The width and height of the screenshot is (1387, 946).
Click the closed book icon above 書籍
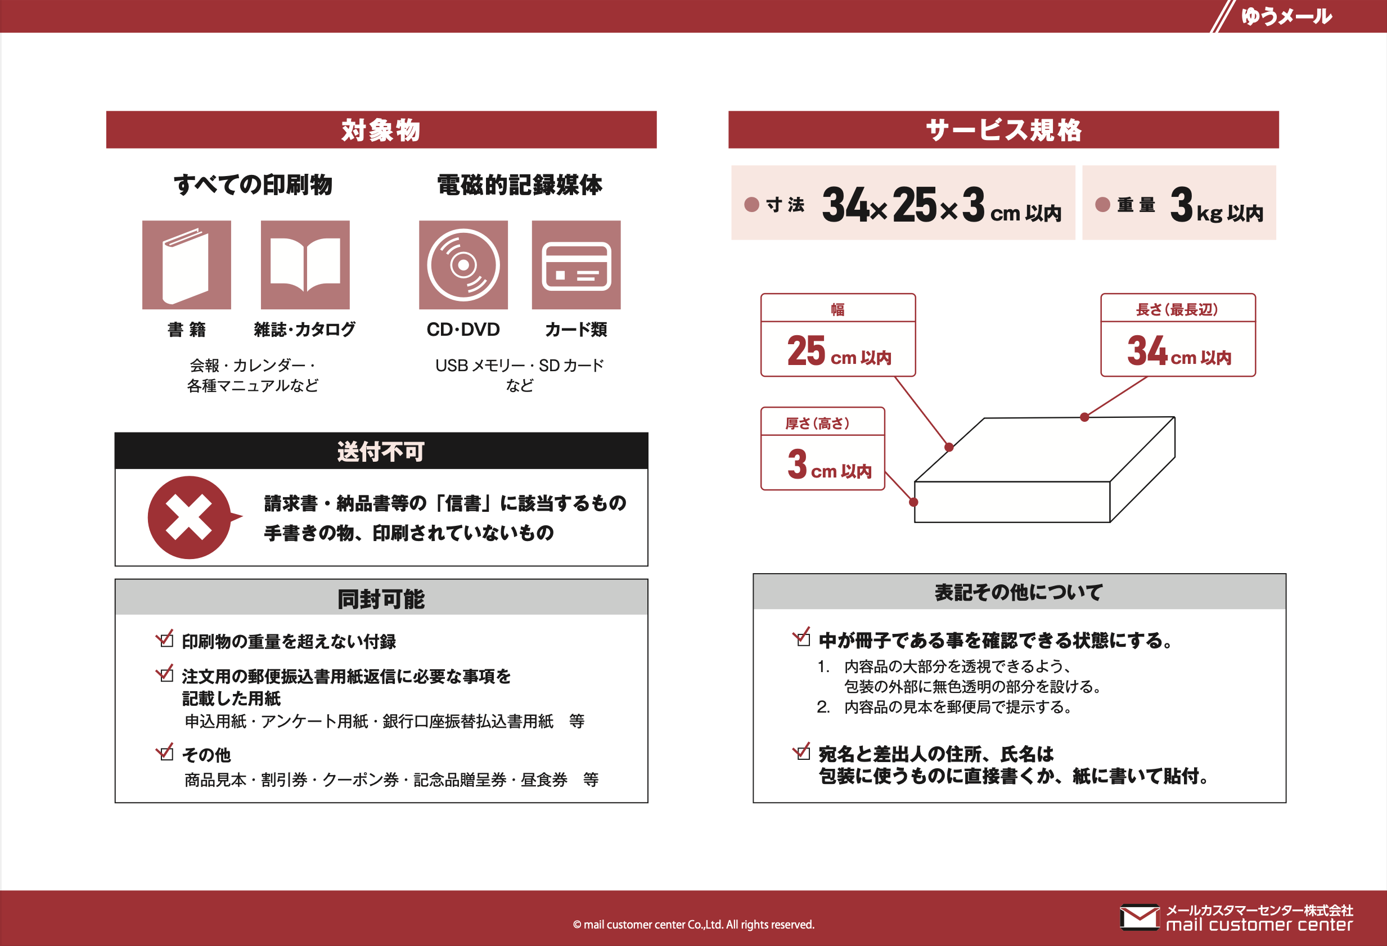186,265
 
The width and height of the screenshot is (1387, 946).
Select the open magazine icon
305,265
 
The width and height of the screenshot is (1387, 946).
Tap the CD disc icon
463,265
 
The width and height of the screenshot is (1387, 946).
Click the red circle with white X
190,517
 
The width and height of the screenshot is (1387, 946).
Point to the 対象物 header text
381,130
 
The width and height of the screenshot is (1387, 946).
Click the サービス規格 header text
1003,130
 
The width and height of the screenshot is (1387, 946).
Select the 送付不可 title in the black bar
381,451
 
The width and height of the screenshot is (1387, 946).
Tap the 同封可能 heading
381,598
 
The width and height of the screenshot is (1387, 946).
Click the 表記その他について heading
1018,592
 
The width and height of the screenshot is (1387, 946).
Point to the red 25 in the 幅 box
807,350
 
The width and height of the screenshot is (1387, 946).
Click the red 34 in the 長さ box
1147,350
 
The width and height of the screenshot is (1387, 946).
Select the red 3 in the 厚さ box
798,464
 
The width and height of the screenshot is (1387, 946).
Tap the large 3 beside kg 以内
1182,205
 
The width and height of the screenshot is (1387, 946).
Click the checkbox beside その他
165,751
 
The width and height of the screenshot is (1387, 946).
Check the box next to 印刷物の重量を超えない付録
165,638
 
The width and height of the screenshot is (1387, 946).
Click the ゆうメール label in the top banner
1286,16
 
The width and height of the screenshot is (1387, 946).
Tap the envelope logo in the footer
1140,917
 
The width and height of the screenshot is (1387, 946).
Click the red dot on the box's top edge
1084,417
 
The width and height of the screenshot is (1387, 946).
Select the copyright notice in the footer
693,925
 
